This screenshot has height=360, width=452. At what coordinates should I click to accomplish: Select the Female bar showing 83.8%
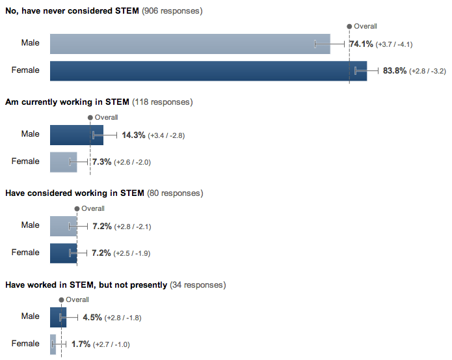[x=208, y=70]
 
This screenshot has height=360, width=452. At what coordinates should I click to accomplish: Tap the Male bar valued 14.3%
[x=76, y=135]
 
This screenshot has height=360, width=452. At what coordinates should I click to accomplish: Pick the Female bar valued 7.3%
[x=63, y=161]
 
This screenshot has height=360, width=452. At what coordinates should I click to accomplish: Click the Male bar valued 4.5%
[x=58, y=318]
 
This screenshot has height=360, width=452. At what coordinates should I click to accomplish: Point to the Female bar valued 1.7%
[x=53, y=344]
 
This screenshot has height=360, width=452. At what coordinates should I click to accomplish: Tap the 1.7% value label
[x=81, y=344]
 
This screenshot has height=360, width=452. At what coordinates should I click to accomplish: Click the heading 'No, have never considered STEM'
[x=72, y=11]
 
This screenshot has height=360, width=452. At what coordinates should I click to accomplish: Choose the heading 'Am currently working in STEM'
[x=67, y=102]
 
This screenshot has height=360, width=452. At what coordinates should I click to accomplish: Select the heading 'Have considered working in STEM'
[x=74, y=193]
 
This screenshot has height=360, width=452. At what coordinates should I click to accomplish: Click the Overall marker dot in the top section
[x=349, y=26]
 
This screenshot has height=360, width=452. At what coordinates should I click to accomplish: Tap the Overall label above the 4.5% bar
[x=77, y=300]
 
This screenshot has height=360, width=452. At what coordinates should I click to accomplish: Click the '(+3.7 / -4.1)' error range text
[x=394, y=44]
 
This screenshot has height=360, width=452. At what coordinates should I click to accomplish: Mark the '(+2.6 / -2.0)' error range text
[x=132, y=162]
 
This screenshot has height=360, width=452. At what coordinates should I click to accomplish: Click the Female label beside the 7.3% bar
[x=25, y=161]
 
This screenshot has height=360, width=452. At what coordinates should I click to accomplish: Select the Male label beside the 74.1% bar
[x=30, y=43]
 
